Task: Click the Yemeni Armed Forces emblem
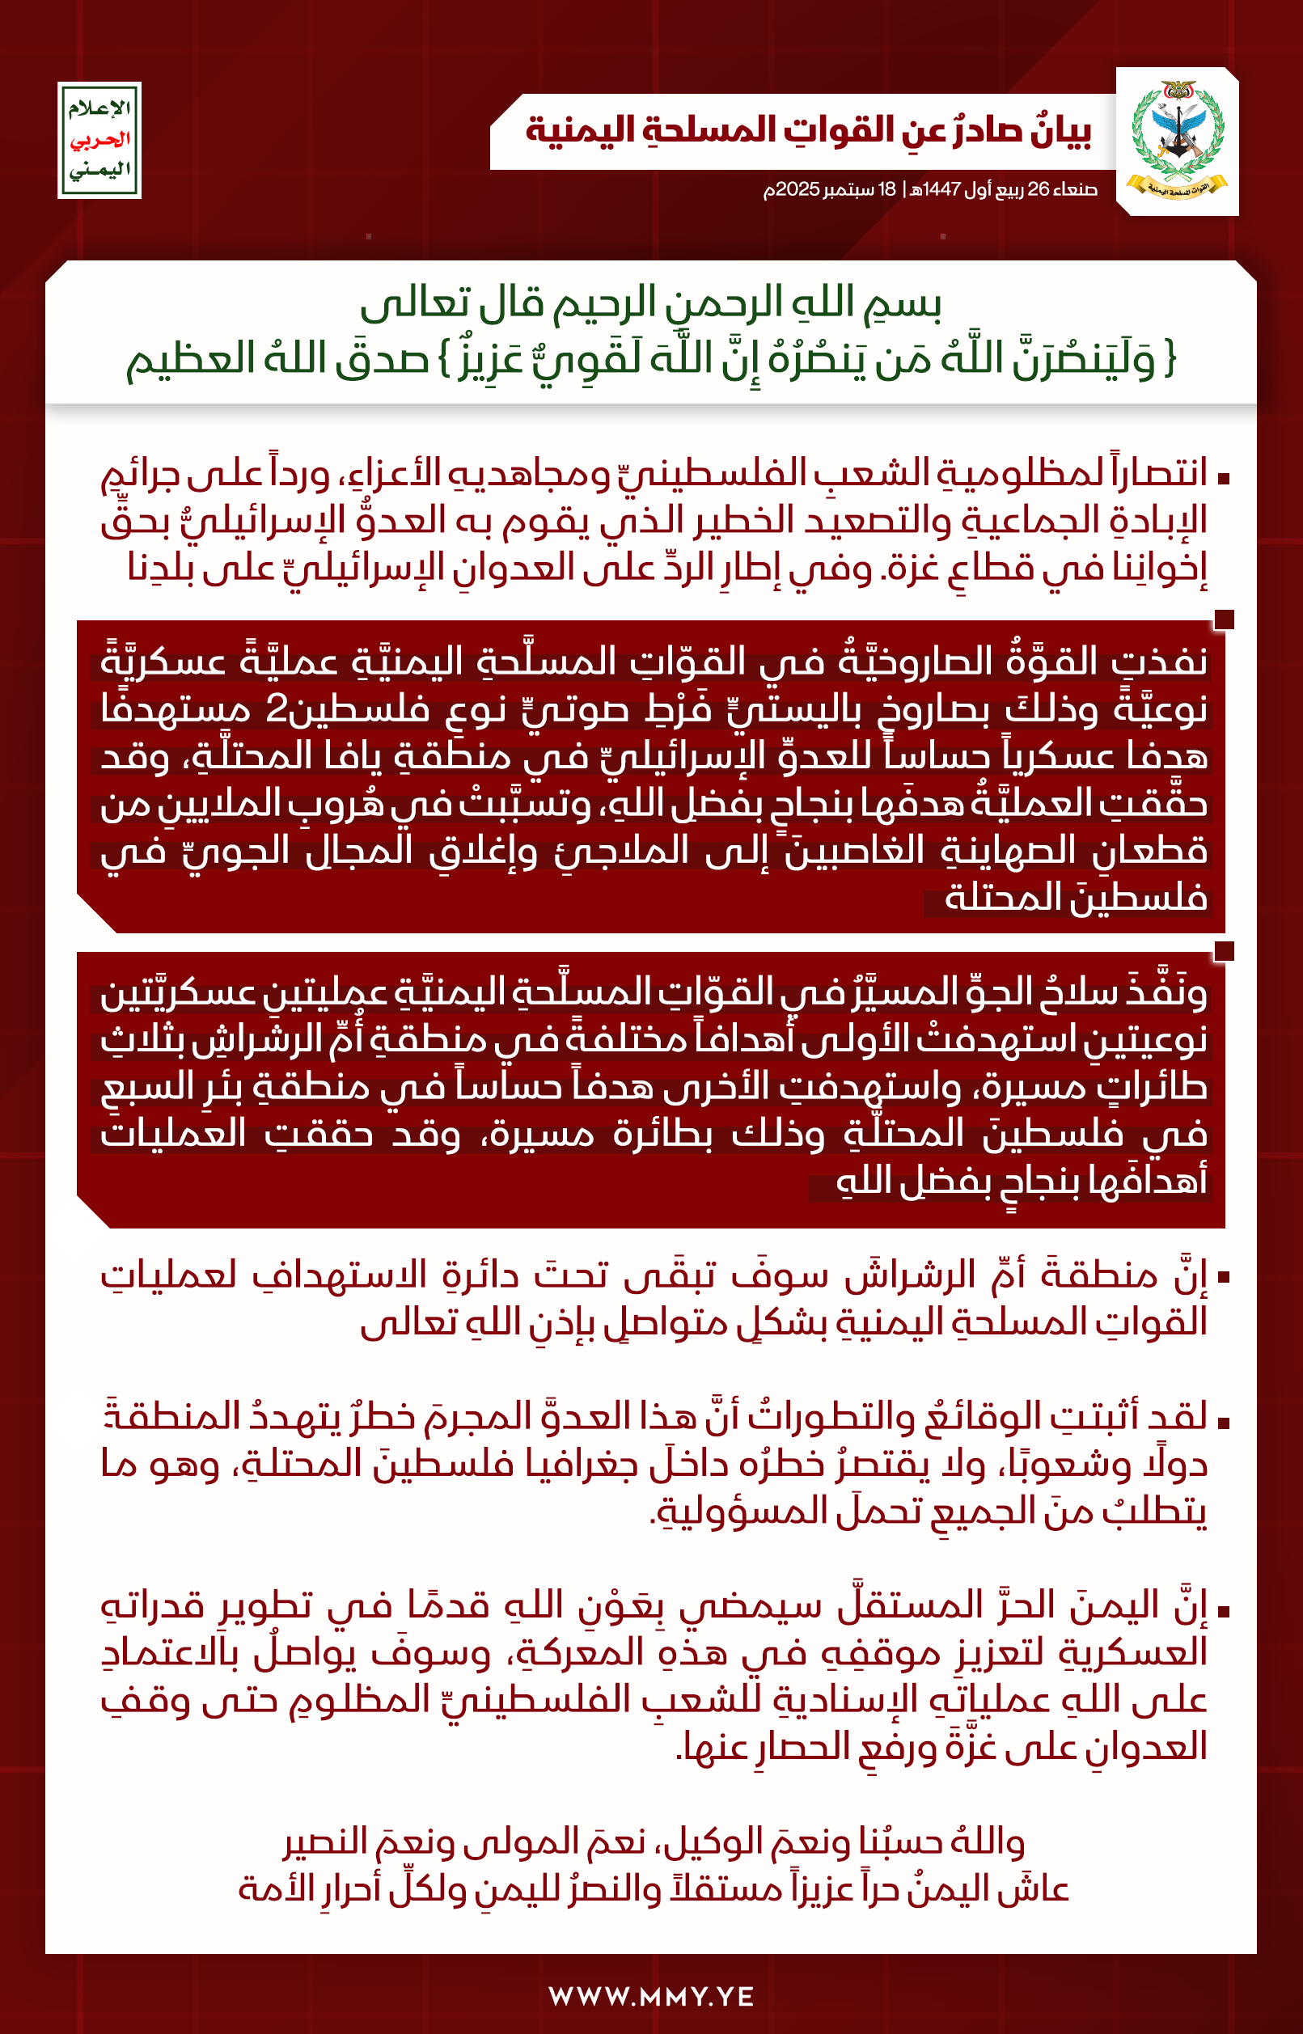1177,141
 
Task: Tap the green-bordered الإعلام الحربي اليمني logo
99,141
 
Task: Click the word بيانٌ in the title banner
1061,131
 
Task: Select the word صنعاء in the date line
1077,189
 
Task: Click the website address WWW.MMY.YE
650,1997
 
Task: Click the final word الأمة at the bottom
273,1889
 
